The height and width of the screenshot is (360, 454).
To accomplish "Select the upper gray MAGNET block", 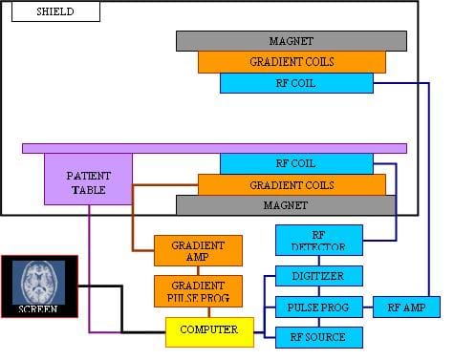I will tap(291, 41).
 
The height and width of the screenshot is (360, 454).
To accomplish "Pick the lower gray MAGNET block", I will tap(285, 205).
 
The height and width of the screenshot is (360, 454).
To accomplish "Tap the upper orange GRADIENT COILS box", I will tap(292, 62).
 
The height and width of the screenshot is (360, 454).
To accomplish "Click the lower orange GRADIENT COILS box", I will tap(292, 184).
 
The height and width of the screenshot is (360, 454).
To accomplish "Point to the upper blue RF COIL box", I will tap(295, 83).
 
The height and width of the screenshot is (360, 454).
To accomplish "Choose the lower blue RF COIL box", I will tap(295, 163).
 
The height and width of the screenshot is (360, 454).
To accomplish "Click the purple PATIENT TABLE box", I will tap(88, 181).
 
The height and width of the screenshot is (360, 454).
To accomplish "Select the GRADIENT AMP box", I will tap(198, 251).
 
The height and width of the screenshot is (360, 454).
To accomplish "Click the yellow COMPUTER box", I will tap(210, 331).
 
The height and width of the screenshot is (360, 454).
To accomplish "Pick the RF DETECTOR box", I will tap(318, 240).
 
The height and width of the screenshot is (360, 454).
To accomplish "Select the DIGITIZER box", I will tap(318, 276).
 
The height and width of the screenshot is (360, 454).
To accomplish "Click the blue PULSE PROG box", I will tap(318, 307).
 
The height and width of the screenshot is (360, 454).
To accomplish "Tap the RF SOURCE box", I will tap(318, 336).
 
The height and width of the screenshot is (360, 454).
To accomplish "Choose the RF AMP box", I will tap(406, 307).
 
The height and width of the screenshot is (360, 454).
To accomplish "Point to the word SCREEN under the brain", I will tap(39, 308).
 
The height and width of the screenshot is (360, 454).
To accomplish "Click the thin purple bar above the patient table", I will tap(214, 148).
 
